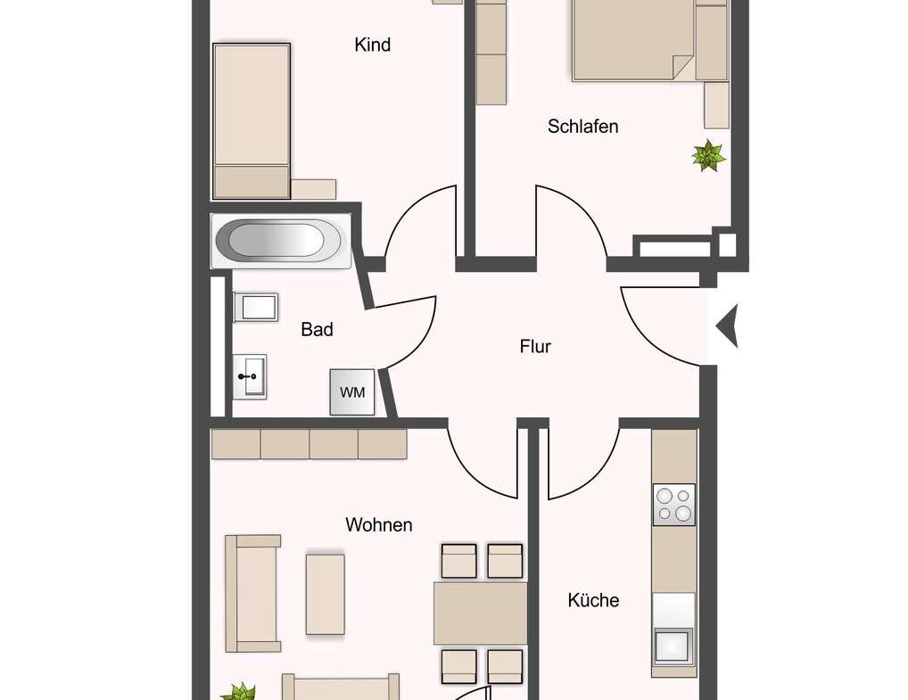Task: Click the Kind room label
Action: [372, 45]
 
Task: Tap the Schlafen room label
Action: [582, 127]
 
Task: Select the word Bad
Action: [317, 330]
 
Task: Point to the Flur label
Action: [535, 346]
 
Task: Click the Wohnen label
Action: [379, 525]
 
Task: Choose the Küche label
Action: [593, 600]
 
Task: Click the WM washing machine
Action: [352, 392]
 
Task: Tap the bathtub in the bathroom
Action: [277, 240]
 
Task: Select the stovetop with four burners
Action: [673, 504]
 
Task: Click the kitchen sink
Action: [673, 645]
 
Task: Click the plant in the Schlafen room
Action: [708, 156]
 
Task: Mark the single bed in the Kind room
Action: [252, 120]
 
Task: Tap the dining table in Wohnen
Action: [480, 613]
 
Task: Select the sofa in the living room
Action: [252, 593]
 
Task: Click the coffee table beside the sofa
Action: [325, 594]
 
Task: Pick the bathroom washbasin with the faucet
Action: [249, 376]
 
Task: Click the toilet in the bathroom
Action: [256, 308]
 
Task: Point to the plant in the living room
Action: [239, 692]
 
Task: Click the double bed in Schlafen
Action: [633, 40]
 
